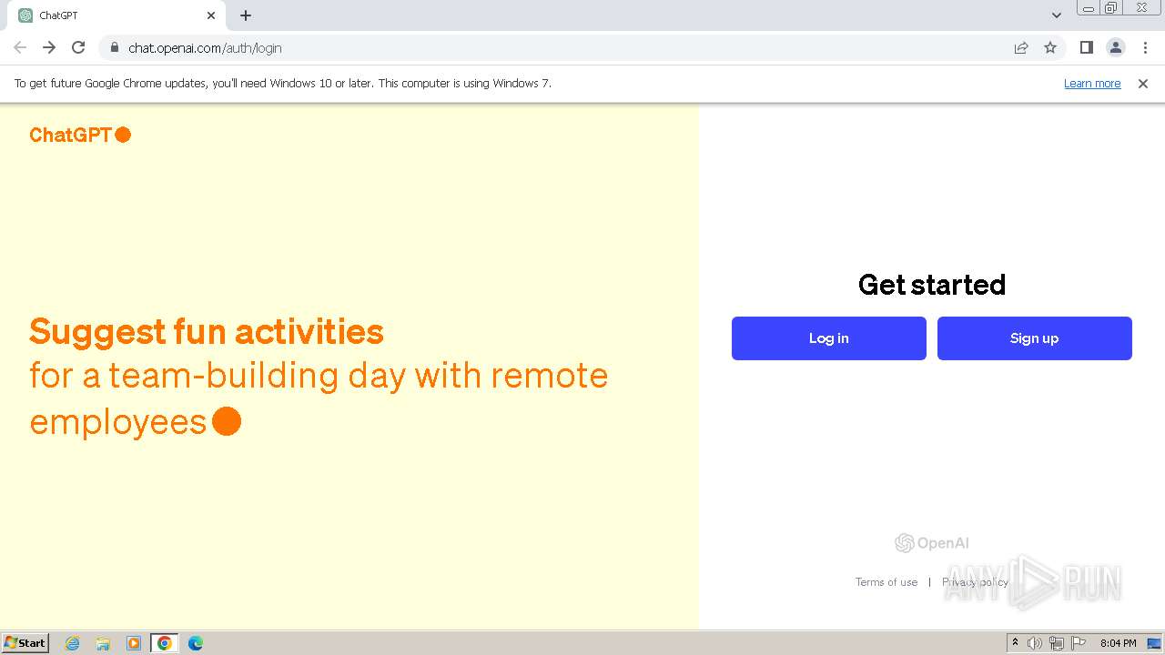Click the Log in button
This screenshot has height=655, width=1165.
(x=828, y=338)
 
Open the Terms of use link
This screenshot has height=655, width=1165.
(x=886, y=582)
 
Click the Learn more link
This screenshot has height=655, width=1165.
(x=1092, y=84)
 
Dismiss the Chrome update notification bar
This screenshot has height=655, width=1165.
(x=1143, y=84)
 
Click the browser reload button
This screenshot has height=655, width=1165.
(x=78, y=47)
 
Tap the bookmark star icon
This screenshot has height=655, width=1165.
(x=1050, y=47)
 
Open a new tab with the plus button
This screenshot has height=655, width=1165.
(x=246, y=15)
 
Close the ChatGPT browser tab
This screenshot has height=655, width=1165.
(x=211, y=15)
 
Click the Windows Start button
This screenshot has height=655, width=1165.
(x=25, y=643)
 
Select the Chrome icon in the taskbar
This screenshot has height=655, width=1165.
(x=165, y=643)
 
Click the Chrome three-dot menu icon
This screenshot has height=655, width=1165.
(x=1145, y=47)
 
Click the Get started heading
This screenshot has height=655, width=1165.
(x=931, y=285)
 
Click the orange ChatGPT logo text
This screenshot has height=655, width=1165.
(x=70, y=135)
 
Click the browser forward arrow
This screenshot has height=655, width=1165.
(x=49, y=47)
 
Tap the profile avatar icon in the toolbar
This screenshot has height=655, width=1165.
(x=1115, y=47)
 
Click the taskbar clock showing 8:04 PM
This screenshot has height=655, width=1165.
(x=1118, y=643)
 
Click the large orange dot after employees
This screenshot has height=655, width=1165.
(x=227, y=421)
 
